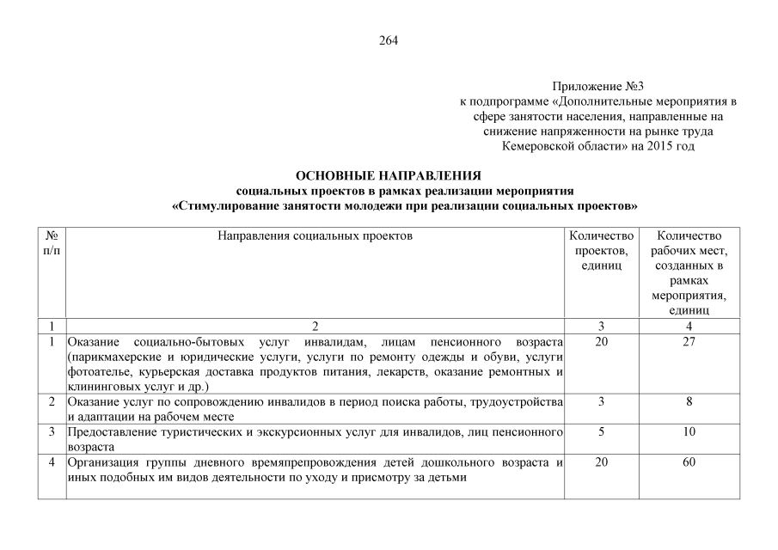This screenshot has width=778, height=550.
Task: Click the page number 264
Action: point(389,40)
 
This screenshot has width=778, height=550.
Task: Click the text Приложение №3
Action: point(597,87)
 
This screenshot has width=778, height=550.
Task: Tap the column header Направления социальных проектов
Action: point(315,235)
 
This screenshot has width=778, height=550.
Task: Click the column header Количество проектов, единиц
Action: point(602,250)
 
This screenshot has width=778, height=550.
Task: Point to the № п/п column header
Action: point(52,242)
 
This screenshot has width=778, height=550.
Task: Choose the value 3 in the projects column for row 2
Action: point(601,401)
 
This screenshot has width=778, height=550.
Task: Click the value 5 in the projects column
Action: point(601,431)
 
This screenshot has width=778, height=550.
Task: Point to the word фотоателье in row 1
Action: point(95,372)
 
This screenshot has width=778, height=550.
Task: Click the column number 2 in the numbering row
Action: point(315,327)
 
